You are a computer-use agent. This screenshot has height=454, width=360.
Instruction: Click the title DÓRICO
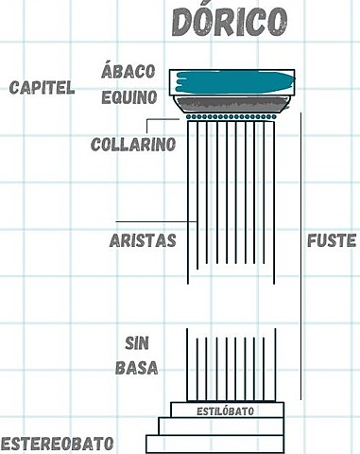click(231, 23)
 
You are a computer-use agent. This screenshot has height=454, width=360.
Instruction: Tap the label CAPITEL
click(42, 88)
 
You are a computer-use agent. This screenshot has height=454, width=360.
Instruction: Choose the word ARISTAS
click(143, 240)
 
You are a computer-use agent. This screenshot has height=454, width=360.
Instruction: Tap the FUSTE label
click(332, 240)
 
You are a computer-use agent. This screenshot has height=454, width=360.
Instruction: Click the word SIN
click(139, 341)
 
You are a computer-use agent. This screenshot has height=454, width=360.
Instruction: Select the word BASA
click(139, 367)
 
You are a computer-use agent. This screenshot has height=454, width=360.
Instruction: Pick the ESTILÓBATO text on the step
click(226, 411)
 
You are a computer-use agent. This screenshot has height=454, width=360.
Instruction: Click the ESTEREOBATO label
click(58, 443)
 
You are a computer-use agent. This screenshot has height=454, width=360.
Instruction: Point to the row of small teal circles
click(231, 117)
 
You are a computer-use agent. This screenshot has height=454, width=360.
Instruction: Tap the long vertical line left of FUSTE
click(300, 255)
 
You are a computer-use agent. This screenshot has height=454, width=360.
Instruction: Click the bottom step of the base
click(215, 443)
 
